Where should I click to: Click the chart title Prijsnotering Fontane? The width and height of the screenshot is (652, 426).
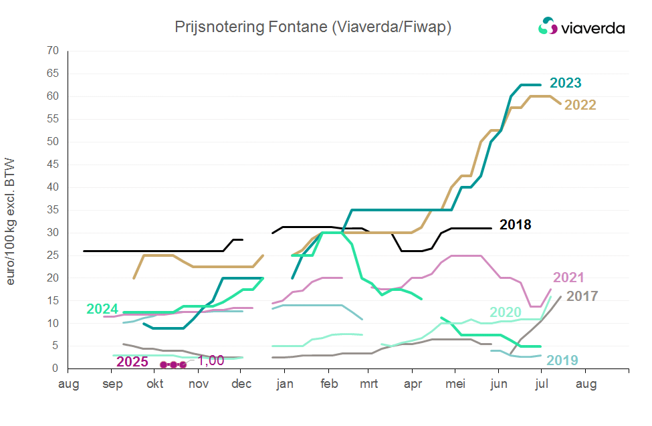point(313,27)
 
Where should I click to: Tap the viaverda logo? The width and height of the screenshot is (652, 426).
point(581,27)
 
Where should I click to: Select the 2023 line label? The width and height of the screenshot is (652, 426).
point(565,84)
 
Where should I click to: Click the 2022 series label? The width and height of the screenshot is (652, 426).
point(580,105)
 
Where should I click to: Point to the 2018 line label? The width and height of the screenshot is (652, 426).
point(515,225)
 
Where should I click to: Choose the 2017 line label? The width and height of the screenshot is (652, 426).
point(582,296)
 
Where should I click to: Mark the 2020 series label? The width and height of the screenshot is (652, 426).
point(506,312)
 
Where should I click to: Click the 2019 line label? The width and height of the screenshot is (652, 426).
point(562,360)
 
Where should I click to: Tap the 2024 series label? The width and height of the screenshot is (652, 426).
point(102,309)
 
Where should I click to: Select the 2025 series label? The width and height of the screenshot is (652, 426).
point(132,362)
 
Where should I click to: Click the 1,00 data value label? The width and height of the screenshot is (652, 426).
point(211,360)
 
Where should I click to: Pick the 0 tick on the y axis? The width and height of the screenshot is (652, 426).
point(56,368)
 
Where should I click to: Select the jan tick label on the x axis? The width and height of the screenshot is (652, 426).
point(285,384)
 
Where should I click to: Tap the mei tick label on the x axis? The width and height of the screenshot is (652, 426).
point(455,384)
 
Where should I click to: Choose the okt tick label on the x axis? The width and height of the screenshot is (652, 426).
point(155,384)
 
